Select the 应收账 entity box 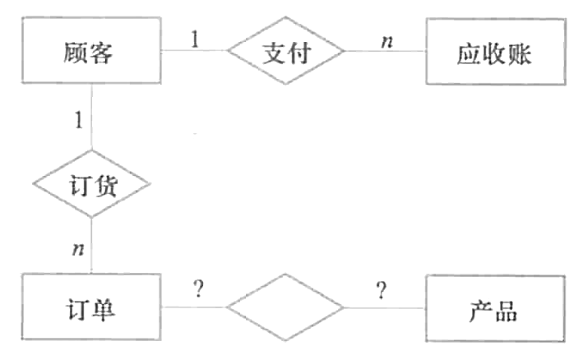(495, 53)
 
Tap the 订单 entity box (89, 311)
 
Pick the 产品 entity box (495, 311)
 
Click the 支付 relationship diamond (285, 52)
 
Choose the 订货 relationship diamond (91, 185)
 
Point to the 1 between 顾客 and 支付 (195, 38)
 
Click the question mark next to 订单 (197, 289)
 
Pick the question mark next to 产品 (381, 289)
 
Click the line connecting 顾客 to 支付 (193, 51)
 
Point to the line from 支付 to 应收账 (385, 51)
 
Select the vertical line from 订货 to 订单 (91, 247)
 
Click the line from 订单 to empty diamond (193, 308)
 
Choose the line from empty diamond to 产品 (385, 308)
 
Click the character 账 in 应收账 (520, 54)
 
